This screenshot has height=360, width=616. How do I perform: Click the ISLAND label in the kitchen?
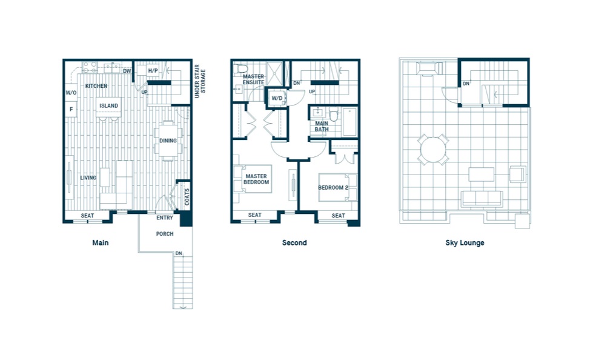(108, 105)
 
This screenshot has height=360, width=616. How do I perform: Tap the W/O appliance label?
(71, 93)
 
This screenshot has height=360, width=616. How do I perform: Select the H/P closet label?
(153, 71)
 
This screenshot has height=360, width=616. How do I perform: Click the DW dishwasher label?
(127, 71)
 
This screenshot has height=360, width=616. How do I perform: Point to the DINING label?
(168, 141)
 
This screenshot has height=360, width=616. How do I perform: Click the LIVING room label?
(88, 178)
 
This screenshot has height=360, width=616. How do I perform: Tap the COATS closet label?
(187, 197)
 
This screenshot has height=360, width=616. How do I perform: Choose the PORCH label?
(165, 234)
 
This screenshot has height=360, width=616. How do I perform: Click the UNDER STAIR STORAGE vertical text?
(200, 81)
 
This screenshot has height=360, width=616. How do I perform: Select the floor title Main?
(100, 242)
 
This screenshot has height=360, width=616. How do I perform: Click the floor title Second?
(294, 242)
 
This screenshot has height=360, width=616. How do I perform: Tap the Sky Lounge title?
(465, 243)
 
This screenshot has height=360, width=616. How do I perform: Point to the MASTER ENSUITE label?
(253, 79)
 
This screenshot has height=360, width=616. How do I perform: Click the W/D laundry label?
(277, 98)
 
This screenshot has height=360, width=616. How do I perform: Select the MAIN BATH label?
(322, 126)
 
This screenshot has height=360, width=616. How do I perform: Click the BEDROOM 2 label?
(333, 187)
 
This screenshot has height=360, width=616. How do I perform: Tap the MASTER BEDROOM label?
(256, 179)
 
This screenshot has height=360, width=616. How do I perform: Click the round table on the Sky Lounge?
(433, 149)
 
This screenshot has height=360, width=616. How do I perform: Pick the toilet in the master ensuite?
(240, 68)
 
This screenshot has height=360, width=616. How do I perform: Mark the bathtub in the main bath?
(349, 122)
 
